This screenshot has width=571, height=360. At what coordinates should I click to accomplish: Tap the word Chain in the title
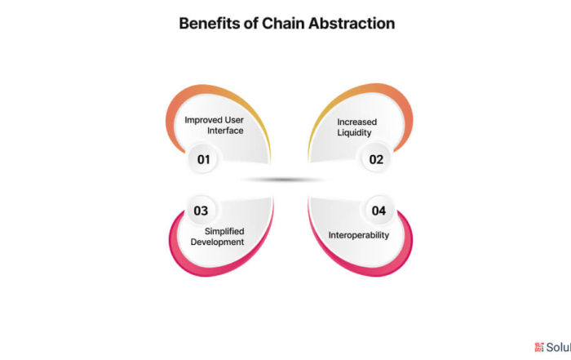tap(283, 24)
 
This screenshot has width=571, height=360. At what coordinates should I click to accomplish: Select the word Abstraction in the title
tap(352, 24)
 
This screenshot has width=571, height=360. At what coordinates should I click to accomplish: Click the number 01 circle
tap(203, 159)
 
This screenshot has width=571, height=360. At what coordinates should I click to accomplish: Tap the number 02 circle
tap(376, 159)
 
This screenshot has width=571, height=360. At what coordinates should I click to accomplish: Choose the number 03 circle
tap(201, 211)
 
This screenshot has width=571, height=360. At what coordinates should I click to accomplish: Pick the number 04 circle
tap(378, 211)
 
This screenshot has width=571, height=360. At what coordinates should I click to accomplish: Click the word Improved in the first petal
tap(203, 120)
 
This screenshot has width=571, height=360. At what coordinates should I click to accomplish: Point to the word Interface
tap(225, 131)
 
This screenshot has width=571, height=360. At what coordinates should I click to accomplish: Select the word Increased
tap(357, 122)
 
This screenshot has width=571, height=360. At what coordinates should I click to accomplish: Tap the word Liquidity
tap(354, 132)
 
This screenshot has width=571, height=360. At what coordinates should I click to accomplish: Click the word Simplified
tap(224, 231)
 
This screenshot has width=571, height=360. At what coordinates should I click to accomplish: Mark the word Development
tap(218, 242)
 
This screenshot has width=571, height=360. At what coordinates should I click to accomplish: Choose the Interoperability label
tap(359, 235)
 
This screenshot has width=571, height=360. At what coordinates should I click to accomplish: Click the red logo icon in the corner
tap(539, 347)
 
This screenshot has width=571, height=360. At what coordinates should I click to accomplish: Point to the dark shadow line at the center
tap(283, 180)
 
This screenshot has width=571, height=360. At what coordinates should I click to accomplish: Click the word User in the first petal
tap(234, 120)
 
